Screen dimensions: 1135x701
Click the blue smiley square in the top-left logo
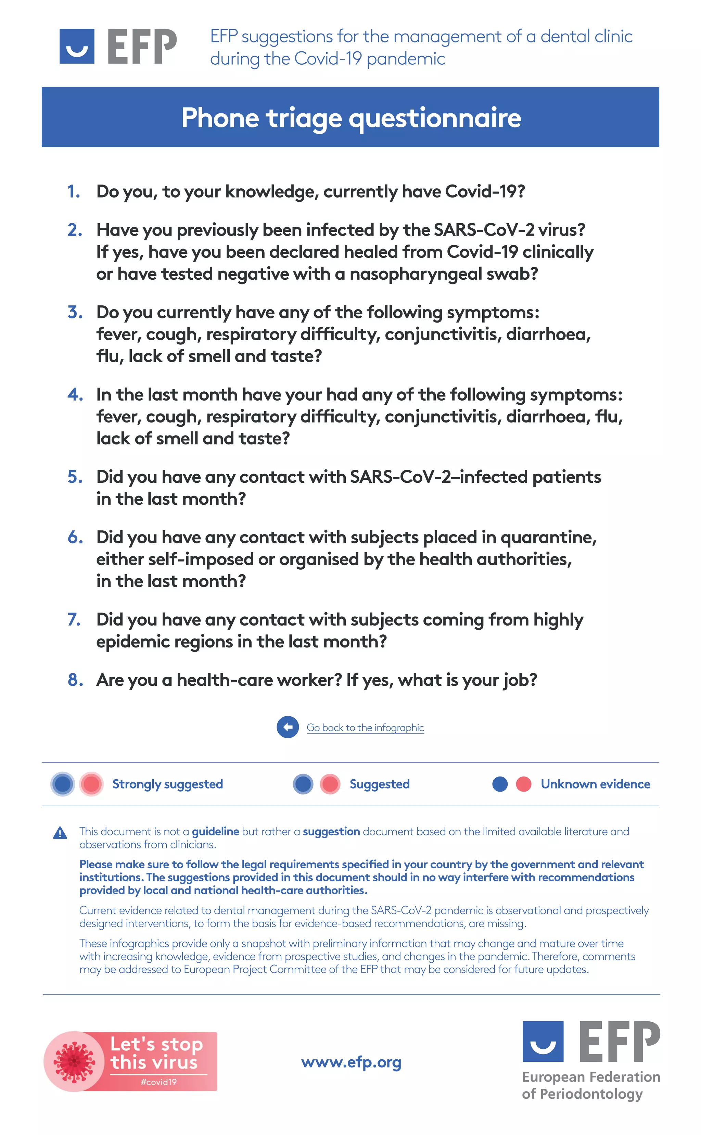(x=77, y=46)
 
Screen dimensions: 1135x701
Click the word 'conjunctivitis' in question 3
(x=442, y=334)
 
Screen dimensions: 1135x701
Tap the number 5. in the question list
(x=75, y=477)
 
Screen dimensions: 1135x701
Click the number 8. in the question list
(x=75, y=680)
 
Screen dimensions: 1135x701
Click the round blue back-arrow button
(x=288, y=727)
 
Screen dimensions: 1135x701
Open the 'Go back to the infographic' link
(x=365, y=728)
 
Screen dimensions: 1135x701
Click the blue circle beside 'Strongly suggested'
(x=63, y=784)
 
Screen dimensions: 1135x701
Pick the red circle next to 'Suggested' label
(x=330, y=784)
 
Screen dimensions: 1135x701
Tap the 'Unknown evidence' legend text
(x=595, y=784)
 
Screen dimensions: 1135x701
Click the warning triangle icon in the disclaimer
(x=60, y=833)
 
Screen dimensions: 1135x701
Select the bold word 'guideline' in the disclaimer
(x=215, y=831)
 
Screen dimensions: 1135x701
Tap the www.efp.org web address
(x=351, y=1062)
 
